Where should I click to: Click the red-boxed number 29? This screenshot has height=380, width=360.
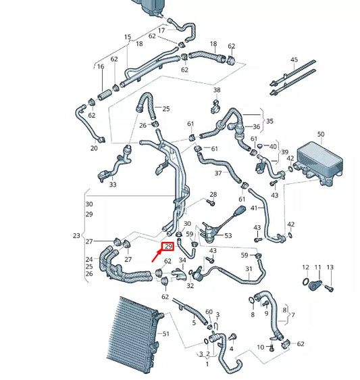[168, 247]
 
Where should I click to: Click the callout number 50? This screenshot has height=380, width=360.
[320, 135]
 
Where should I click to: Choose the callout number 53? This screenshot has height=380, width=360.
[228, 235]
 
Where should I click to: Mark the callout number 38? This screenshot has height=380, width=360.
[216, 90]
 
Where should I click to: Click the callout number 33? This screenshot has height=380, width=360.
[112, 184]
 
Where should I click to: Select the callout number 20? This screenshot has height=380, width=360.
[94, 147]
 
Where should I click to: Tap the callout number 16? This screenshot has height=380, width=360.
[100, 67]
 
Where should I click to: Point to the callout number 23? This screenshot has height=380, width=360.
[76, 236]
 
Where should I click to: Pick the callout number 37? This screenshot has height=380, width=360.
[218, 173]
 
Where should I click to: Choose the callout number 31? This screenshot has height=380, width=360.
[249, 268]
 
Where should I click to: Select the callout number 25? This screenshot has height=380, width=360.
[166, 108]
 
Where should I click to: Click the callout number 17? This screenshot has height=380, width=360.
[161, 30]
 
